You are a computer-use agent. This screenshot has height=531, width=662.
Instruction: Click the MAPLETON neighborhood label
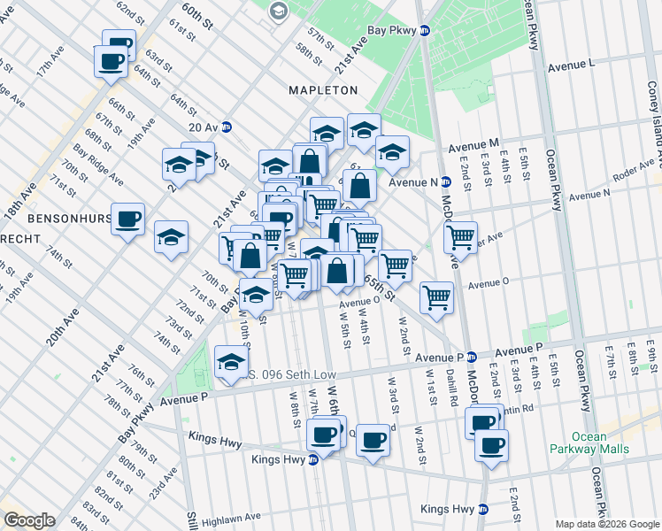(x=323, y=90)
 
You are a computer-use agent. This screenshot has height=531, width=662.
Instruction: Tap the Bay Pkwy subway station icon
(x=425, y=30)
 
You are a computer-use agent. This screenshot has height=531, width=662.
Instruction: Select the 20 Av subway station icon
(x=227, y=127)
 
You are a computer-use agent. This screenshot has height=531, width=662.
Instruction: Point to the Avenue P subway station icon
(x=472, y=356)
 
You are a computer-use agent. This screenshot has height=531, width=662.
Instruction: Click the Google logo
(x=29, y=520)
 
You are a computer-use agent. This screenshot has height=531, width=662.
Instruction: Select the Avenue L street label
(x=571, y=65)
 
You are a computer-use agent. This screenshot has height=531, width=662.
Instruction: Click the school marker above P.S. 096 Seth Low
(x=231, y=362)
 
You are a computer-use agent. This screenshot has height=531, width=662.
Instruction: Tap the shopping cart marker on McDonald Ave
(x=460, y=237)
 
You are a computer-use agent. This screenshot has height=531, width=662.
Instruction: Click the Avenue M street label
(x=474, y=144)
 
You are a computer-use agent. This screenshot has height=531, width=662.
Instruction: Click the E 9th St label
(x=650, y=358)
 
